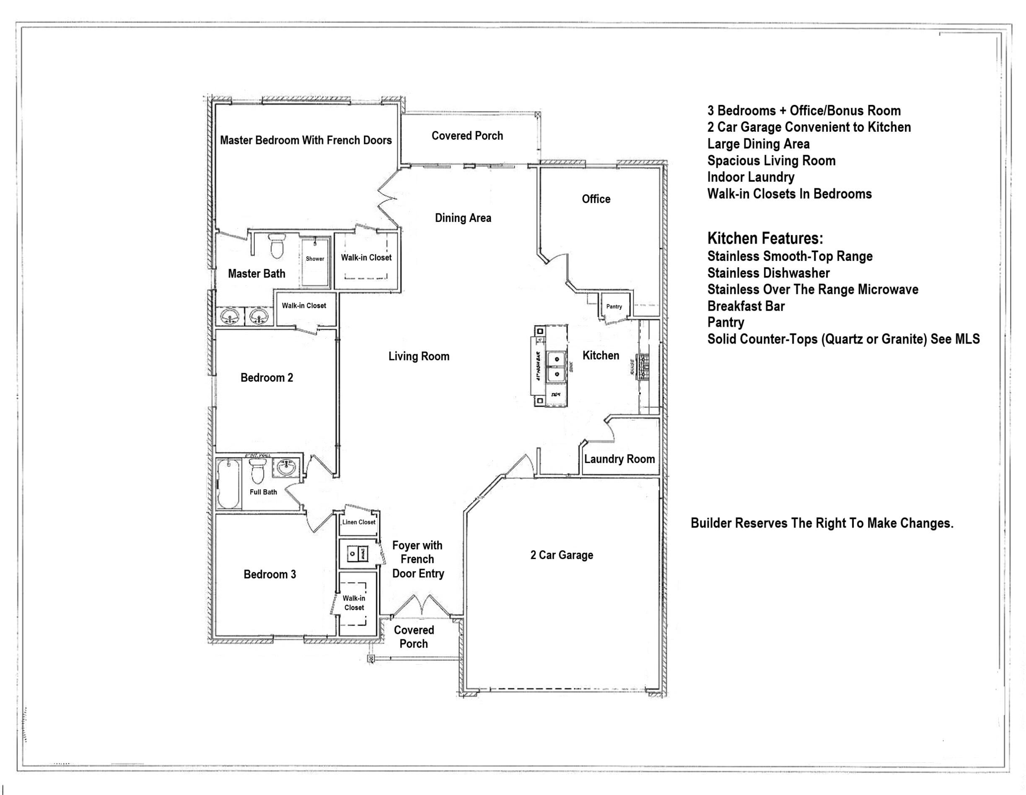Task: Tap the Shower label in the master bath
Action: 315,259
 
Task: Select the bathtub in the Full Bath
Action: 229,484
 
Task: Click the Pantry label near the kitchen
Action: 614,307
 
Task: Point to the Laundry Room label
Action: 619,459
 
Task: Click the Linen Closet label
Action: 359,522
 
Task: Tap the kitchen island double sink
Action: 556,367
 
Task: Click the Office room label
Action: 596,199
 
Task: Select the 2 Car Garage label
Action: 561,555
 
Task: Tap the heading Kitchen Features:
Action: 765,239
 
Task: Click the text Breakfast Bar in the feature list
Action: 746,306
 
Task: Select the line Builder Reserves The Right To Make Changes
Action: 821,523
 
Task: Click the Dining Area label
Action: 463,218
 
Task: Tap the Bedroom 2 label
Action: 267,378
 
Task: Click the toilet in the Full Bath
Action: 257,472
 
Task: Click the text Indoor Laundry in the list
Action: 751,177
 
